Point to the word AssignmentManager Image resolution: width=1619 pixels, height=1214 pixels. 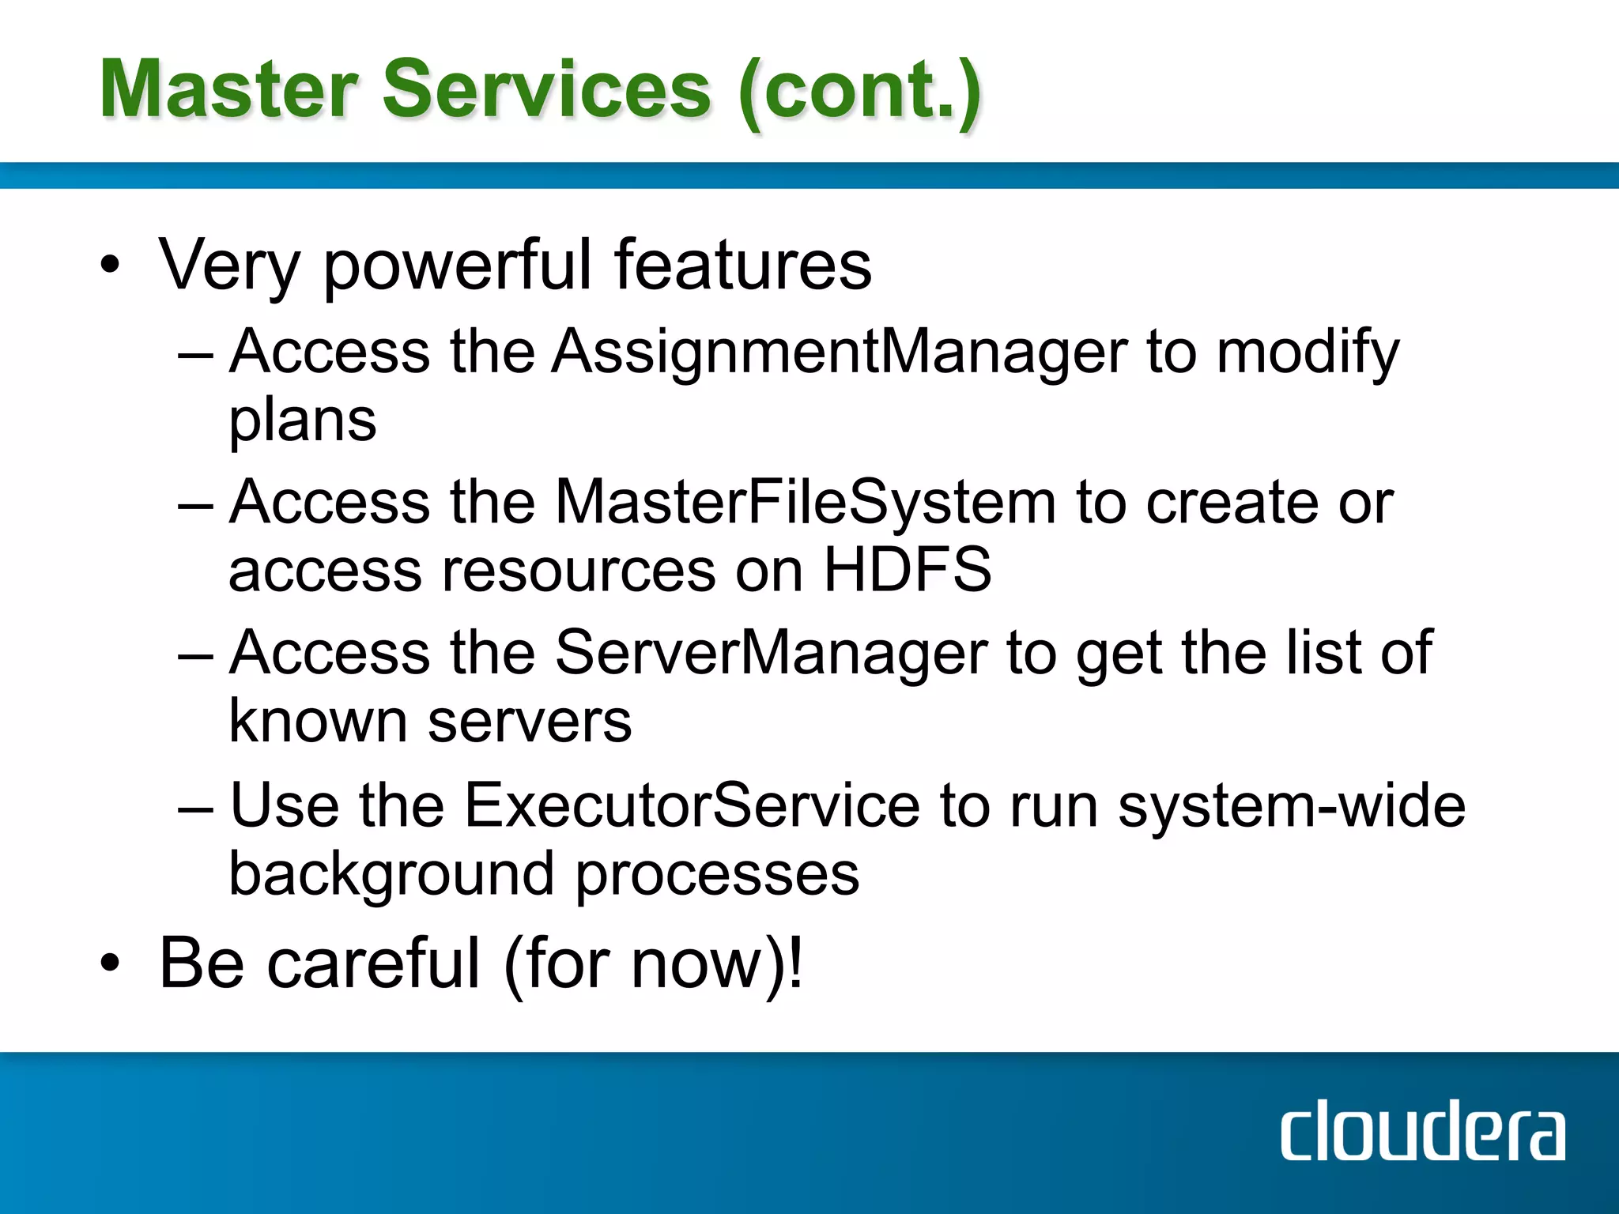(x=839, y=352)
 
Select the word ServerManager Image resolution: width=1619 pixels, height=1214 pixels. (x=770, y=653)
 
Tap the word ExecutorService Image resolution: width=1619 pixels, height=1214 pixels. (x=692, y=805)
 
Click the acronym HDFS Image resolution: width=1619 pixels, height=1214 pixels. (x=907, y=570)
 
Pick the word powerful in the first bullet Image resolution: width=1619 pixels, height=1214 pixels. (x=457, y=266)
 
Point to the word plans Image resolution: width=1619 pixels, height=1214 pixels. (x=302, y=421)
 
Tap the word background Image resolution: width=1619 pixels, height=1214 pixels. (x=391, y=875)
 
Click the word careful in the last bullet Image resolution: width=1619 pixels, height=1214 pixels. (x=373, y=963)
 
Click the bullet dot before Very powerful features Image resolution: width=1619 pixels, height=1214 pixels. (x=111, y=266)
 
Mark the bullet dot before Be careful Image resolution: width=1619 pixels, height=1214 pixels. (x=111, y=963)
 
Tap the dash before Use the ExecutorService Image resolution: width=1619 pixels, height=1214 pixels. (x=195, y=810)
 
